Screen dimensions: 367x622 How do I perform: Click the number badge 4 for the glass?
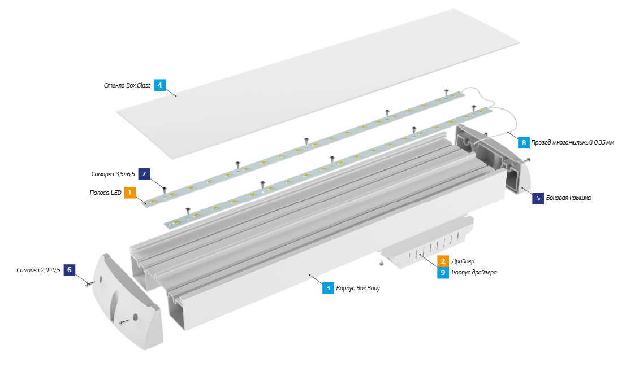pos(160,85)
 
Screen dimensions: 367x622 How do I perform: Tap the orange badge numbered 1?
pos(130,193)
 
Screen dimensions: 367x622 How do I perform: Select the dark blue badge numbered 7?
pos(145,174)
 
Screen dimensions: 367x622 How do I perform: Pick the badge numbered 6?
pos(69,270)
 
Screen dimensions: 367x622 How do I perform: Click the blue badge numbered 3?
pos(327,288)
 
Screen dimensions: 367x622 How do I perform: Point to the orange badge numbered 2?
pos(443,261)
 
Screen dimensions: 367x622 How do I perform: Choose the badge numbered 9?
pos(443,273)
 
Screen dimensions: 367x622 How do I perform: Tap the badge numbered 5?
pos(538,198)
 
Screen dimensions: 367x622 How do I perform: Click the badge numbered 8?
pos(524,143)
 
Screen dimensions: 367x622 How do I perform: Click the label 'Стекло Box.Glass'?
pos(127,86)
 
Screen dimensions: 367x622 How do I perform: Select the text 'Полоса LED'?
pos(106,193)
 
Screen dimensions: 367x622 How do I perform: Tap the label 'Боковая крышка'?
pos(568,198)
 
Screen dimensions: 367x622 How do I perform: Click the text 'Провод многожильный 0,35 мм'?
pos(573,143)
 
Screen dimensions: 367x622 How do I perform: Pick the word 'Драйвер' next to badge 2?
pos(463,261)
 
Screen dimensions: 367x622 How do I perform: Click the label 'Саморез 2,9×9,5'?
pos(38,270)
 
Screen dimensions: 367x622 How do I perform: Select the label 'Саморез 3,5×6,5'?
pos(113,174)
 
